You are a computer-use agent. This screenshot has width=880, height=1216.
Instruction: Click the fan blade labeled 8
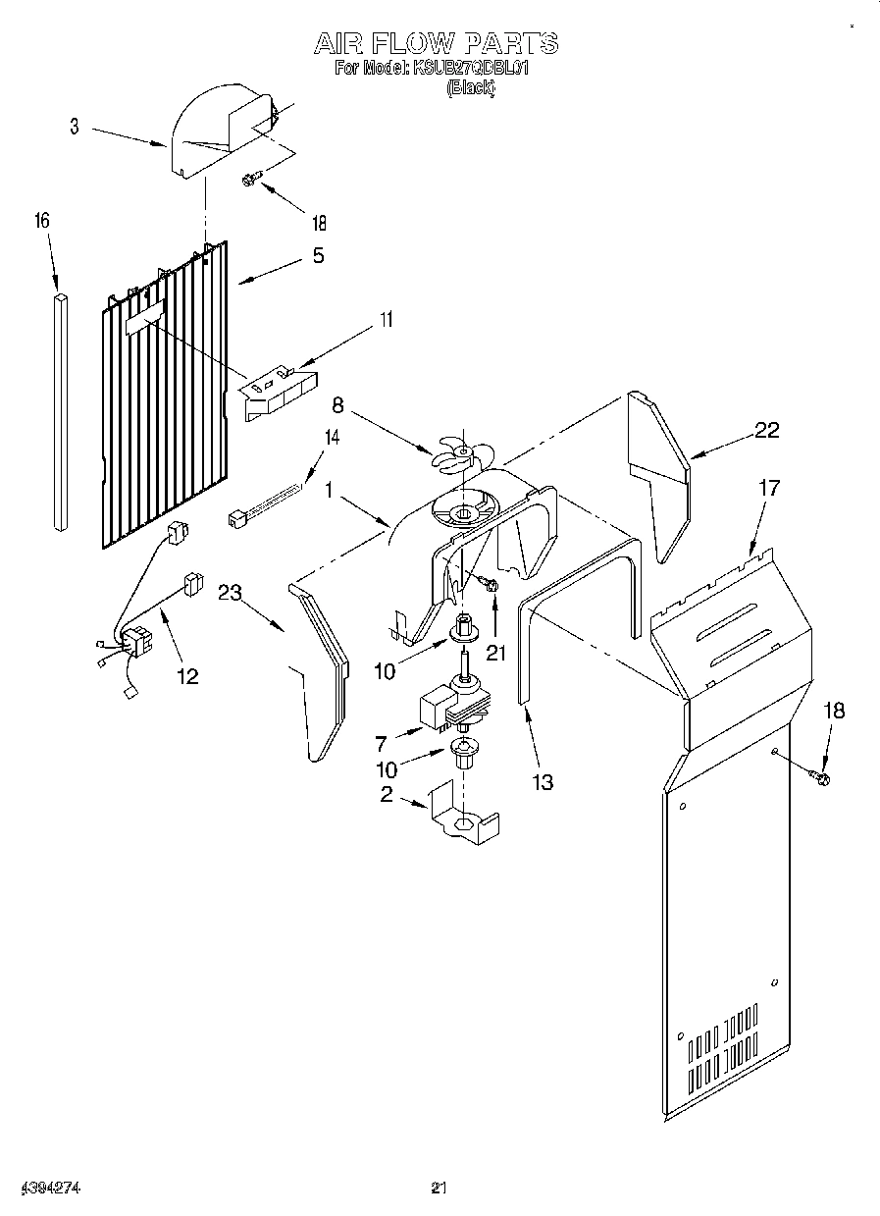(461, 452)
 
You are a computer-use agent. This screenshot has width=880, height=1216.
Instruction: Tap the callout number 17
(770, 488)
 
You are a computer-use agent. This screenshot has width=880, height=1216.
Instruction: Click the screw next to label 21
(490, 585)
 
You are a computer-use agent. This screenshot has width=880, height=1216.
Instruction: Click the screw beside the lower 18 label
(820, 778)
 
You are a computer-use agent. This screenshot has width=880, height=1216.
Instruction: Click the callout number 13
(542, 782)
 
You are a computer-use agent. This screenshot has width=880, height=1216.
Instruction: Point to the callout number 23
(230, 592)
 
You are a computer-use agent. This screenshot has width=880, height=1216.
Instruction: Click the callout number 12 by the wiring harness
(186, 675)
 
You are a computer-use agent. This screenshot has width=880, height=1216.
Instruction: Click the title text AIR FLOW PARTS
(436, 43)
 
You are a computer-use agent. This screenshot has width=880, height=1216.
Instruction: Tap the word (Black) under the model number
(471, 87)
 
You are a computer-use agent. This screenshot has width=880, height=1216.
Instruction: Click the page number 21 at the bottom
(439, 1189)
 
